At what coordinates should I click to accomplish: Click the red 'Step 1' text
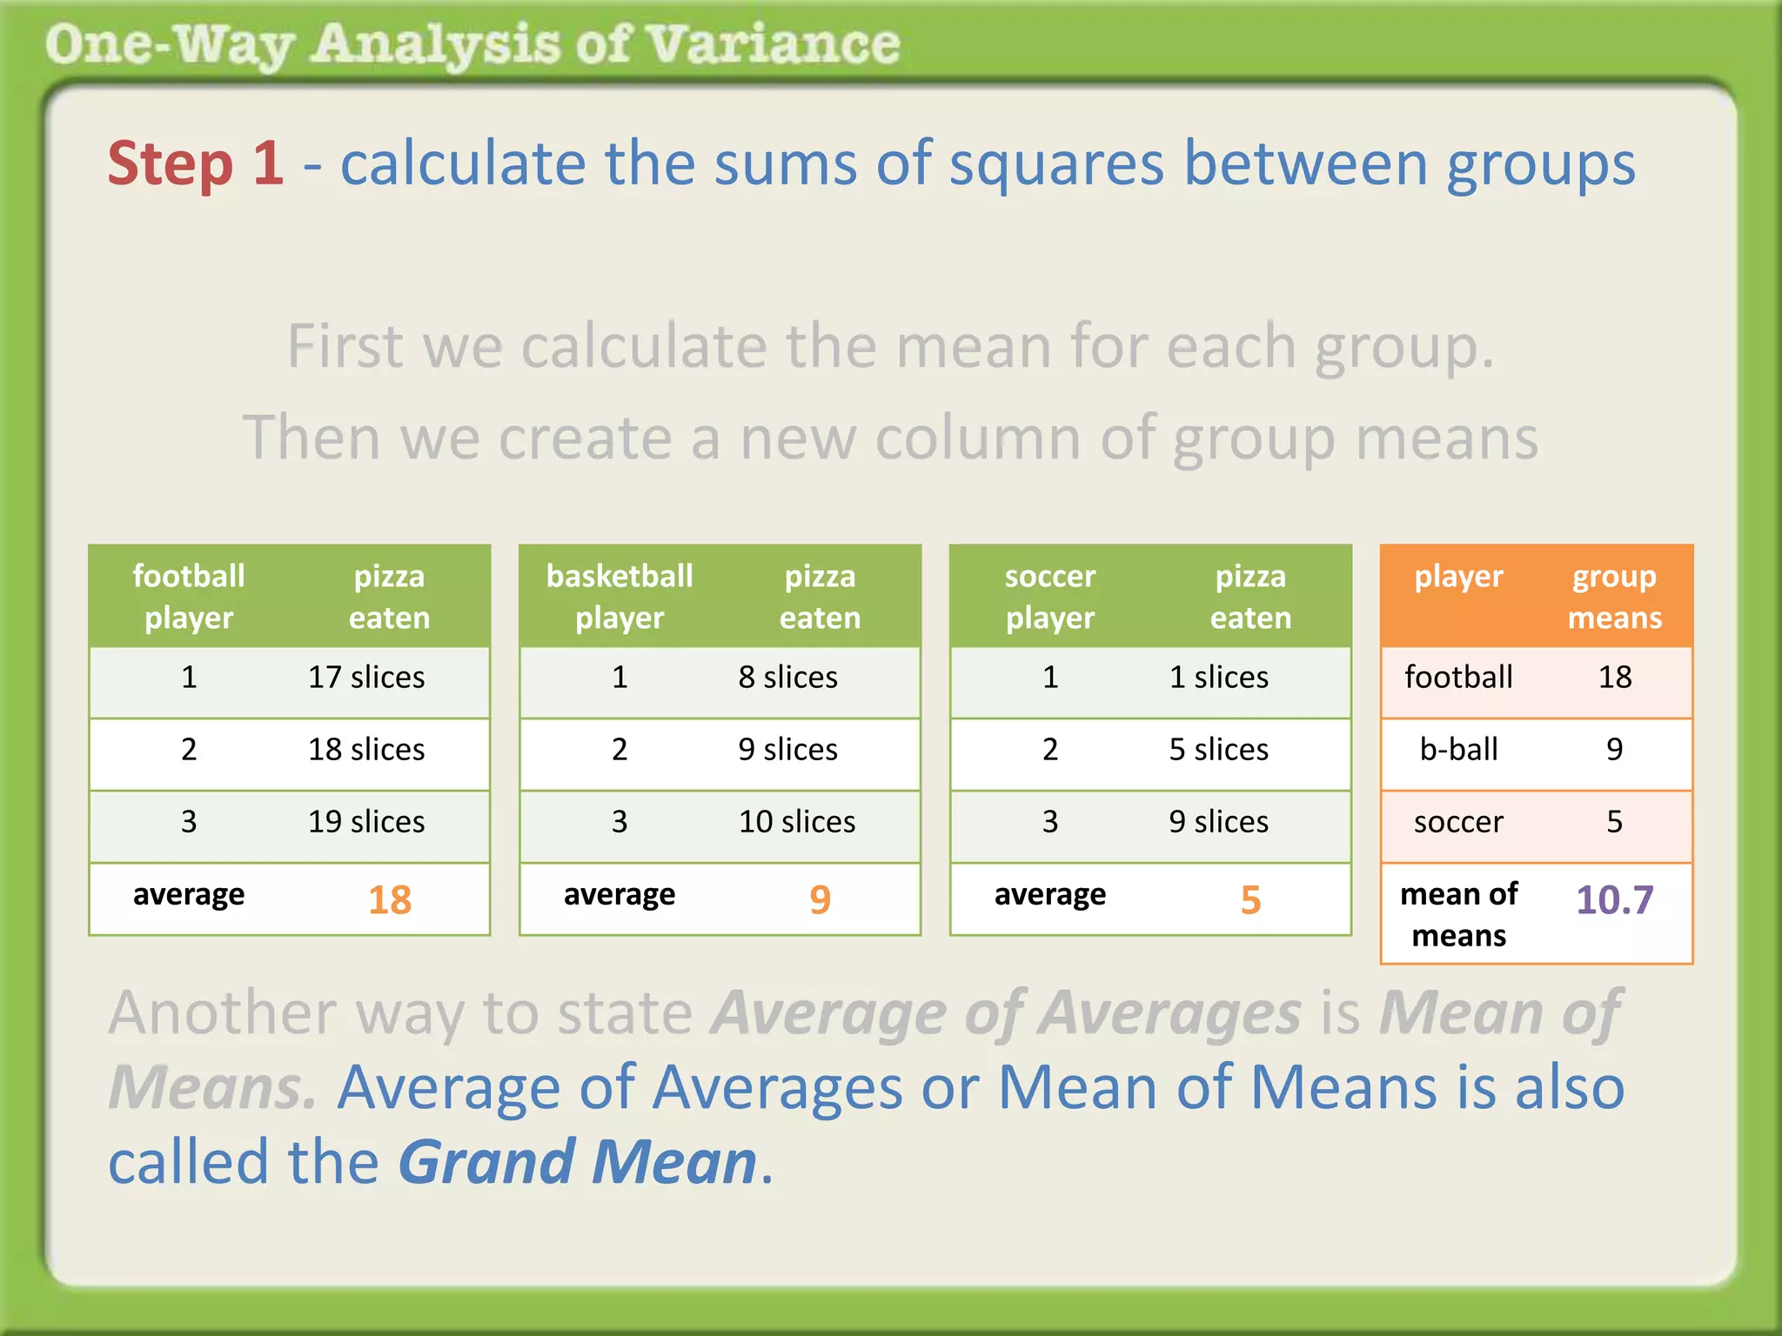point(195,164)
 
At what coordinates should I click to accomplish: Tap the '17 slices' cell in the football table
point(366,677)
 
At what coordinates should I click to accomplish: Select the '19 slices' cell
point(366,821)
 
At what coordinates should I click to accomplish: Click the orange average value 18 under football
point(389,899)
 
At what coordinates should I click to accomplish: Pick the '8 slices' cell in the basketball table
point(787,677)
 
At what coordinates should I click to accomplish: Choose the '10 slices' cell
point(796,821)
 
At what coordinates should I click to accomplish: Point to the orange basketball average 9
point(820,899)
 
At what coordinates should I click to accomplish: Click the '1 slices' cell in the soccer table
point(1218,677)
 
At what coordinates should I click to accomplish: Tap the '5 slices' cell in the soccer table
point(1218,749)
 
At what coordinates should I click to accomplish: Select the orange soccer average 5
point(1250,899)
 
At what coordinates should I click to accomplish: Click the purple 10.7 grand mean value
point(1614,899)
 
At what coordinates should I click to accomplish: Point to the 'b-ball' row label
point(1458,749)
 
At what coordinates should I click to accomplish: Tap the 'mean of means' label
point(1458,914)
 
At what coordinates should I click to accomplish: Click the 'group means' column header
point(1614,597)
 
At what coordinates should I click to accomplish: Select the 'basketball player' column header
point(620,597)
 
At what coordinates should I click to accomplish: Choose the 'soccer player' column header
point(1050,597)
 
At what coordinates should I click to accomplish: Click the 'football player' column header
point(189,597)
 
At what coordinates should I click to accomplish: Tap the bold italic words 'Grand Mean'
point(578,1162)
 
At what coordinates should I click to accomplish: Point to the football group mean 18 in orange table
point(1614,677)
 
